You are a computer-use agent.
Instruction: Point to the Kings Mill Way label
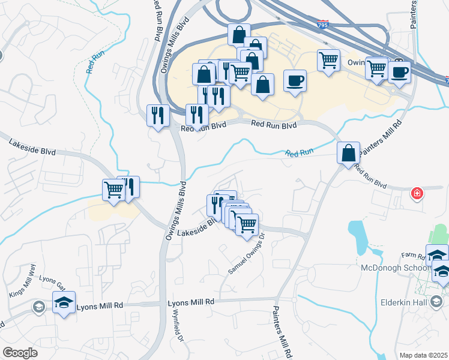23,284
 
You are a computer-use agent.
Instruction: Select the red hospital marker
416,193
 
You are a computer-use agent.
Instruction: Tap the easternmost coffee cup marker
399,73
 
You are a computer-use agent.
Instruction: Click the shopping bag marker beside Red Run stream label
349,154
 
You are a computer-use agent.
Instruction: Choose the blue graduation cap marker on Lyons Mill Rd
64,302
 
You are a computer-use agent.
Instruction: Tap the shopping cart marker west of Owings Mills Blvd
113,190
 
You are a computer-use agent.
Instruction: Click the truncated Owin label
357,62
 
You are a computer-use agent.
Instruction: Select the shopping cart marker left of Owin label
328,60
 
